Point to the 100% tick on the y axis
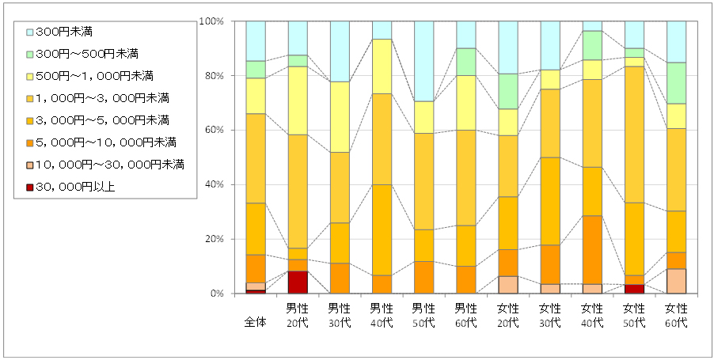(213, 21)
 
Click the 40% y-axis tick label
(216, 184)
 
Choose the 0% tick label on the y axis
(219, 294)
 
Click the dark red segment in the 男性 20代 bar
(298, 282)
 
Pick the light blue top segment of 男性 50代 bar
(423, 61)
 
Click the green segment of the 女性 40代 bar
(592, 45)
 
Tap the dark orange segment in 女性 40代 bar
(592, 249)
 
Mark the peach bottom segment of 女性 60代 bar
(676, 281)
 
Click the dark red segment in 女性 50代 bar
(634, 289)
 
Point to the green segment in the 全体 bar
(256, 70)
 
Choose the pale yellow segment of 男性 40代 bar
(382, 66)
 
